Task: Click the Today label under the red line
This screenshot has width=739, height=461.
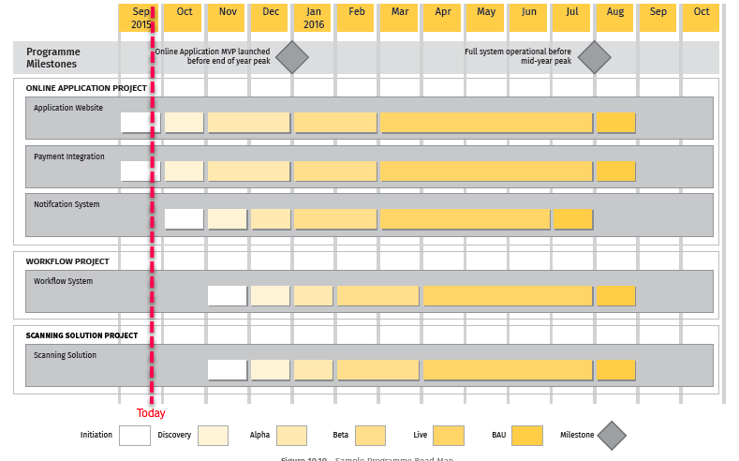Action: tap(151, 413)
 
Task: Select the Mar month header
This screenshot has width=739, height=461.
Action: tap(399, 18)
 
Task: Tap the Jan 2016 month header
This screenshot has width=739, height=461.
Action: tap(314, 18)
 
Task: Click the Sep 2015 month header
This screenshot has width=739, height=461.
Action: tap(141, 18)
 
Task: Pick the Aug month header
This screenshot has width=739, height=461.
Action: tap(614, 18)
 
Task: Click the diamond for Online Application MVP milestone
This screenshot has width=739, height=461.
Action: tap(292, 57)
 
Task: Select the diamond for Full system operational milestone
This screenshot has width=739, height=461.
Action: tap(594, 57)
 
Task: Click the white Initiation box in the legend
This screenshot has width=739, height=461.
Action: tap(134, 436)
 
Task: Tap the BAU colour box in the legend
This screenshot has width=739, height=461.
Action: tap(526, 436)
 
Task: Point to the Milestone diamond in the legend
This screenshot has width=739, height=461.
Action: tap(612, 436)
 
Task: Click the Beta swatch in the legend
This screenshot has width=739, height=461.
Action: tap(370, 436)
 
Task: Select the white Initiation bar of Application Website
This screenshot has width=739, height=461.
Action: tap(140, 123)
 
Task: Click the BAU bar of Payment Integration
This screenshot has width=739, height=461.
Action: tap(616, 171)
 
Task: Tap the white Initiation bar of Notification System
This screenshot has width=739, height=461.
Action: tap(185, 219)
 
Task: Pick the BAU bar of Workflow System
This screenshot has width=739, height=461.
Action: tap(616, 296)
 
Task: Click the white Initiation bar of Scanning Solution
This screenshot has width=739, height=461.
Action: tap(228, 370)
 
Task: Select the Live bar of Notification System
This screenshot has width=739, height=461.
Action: tap(466, 219)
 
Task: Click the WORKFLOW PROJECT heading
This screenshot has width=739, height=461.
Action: tap(67, 261)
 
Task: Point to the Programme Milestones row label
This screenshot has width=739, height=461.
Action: tap(53, 58)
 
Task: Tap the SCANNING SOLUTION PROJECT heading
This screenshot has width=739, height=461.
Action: tap(81, 335)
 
